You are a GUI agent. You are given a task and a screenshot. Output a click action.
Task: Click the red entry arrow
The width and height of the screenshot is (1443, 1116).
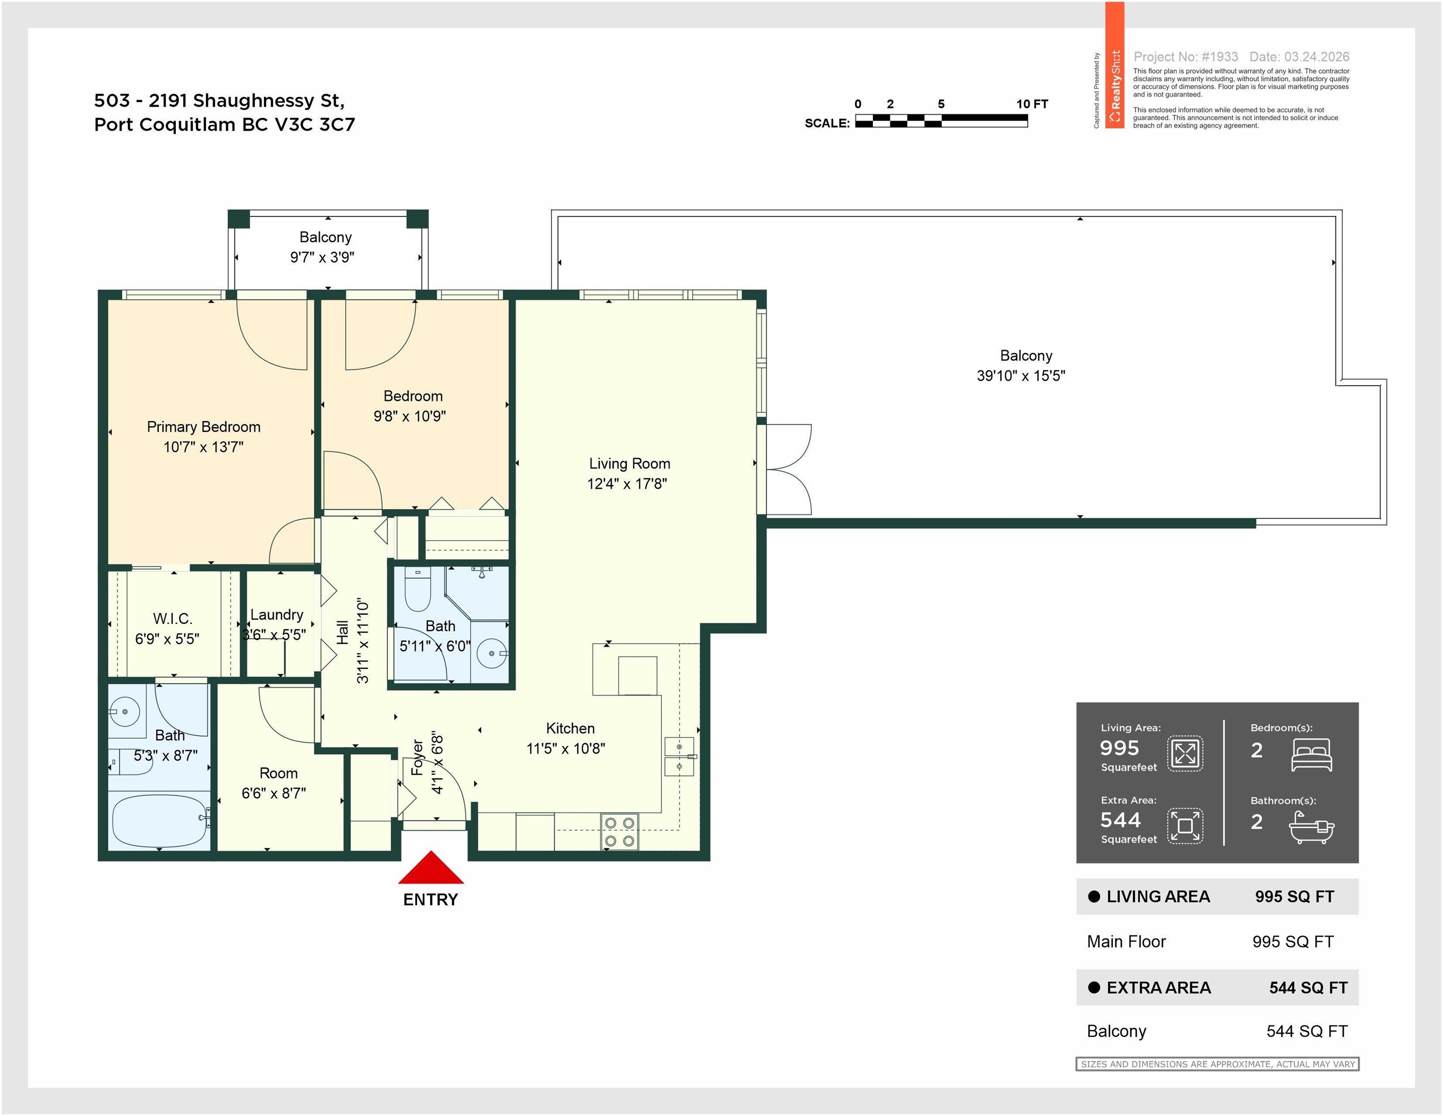click(x=431, y=867)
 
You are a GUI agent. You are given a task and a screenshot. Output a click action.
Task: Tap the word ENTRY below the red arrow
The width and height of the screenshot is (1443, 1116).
click(x=431, y=899)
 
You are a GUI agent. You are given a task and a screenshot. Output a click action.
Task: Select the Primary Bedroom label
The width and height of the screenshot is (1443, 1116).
click(x=203, y=427)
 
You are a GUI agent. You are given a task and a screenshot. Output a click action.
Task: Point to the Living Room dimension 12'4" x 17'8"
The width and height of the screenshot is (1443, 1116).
click(x=627, y=484)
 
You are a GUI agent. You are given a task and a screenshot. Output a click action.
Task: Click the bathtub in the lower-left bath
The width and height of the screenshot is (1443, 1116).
click(x=159, y=821)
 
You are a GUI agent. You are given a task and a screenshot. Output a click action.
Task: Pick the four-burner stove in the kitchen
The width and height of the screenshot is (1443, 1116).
click(x=620, y=832)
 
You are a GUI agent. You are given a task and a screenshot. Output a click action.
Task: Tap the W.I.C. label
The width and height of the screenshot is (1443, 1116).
click(x=173, y=619)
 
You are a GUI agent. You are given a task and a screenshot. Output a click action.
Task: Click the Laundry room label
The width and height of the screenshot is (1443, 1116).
click(x=277, y=615)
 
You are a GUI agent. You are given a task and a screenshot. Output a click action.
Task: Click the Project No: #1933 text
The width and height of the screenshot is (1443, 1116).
click(x=1186, y=57)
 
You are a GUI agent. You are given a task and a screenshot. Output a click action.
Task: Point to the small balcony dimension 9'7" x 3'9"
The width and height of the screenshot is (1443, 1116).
click(x=323, y=257)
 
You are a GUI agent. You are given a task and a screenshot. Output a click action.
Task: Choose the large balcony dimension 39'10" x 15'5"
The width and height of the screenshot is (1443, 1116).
click(x=1022, y=375)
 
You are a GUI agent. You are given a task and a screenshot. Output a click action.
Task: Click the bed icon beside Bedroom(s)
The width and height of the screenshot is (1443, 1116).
click(x=1312, y=755)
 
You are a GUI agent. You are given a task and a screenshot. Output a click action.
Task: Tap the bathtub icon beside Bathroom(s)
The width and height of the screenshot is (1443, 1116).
click(x=1312, y=827)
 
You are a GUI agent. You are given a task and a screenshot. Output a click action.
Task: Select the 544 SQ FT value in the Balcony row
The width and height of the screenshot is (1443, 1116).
click(x=1307, y=1031)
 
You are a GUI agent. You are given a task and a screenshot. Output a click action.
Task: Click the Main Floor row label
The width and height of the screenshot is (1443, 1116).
click(x=1127, y=942)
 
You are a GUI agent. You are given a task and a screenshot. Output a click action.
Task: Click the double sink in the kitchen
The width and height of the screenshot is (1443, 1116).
click(x=679, y=757)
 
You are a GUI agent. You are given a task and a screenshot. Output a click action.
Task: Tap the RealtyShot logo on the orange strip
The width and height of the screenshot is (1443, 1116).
click(x=1115, y=86)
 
